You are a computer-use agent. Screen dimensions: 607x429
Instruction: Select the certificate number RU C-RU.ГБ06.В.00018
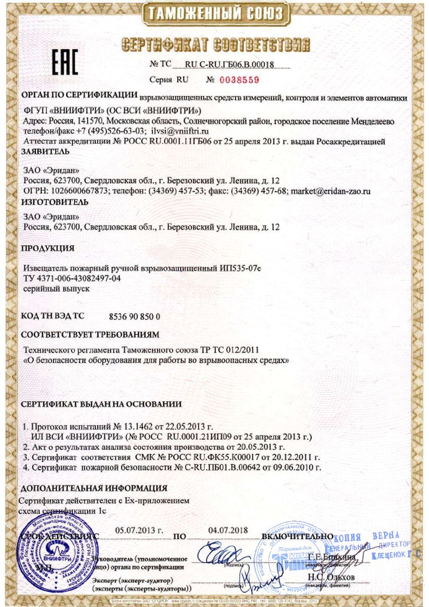230,65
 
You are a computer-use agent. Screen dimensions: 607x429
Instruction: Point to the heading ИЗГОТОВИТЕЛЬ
47,202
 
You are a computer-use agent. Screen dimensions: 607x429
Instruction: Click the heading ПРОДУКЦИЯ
47,247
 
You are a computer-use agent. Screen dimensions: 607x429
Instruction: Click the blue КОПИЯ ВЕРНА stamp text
367,537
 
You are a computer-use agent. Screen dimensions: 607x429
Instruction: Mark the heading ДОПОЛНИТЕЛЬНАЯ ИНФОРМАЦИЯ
94,488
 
